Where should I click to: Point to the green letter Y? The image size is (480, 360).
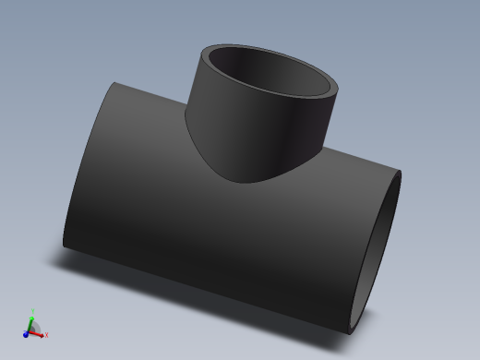[33, 311]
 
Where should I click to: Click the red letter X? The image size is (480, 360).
[46, 334]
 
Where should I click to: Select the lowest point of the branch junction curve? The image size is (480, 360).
[247, 182]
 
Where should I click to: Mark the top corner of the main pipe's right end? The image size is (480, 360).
[402, 173]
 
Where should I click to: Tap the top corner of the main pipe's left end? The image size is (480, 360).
[116, 83]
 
